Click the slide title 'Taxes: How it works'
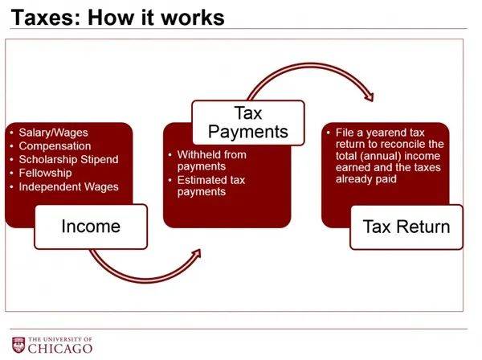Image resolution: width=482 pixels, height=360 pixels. (x=117, y=17)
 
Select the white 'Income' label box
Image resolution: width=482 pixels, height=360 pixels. (x=91, y=227)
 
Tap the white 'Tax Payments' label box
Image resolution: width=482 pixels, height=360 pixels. (x=248, y=122)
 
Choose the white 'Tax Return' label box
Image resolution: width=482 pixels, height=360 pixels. (x=406, y=227)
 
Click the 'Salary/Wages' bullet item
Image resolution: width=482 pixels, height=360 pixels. (x=53, y=133)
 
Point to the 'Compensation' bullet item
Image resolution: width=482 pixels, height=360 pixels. (x=55, y=146)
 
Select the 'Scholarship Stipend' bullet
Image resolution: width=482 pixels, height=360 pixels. (x=68, y=160)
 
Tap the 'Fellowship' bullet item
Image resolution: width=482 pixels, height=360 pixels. (x=45, y=173)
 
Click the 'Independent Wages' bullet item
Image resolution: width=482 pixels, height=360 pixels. (x=68, y=186)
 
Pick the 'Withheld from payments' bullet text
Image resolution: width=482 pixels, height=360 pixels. (x=212, y=160)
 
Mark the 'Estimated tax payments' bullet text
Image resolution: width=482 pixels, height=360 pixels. (x=210, y=186)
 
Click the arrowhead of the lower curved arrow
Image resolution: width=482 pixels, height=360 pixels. (x=196, y=254)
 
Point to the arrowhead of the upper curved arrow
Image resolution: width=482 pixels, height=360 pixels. (x=369, y=97)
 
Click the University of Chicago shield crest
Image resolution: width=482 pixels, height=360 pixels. (x=18, y=345)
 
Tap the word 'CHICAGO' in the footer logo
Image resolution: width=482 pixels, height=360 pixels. (x=60, y=349)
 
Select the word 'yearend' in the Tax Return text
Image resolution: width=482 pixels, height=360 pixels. (x=386, y=133)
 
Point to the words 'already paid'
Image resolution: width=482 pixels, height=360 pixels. (x=366, y=179)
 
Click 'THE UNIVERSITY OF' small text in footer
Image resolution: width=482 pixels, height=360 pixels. (x=60, y=339)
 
